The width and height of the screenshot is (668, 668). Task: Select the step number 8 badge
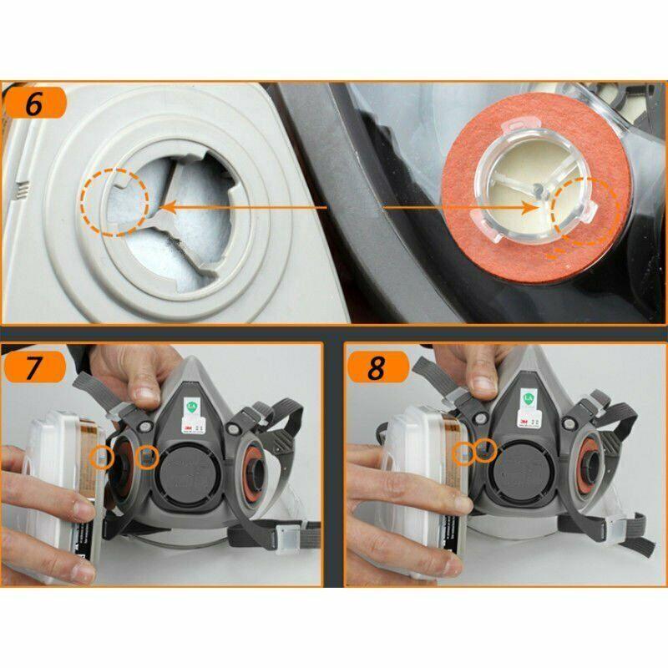(377, 368)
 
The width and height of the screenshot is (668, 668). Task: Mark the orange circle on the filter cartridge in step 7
(103, 456)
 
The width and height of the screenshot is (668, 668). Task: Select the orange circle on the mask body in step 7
(148, 455)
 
